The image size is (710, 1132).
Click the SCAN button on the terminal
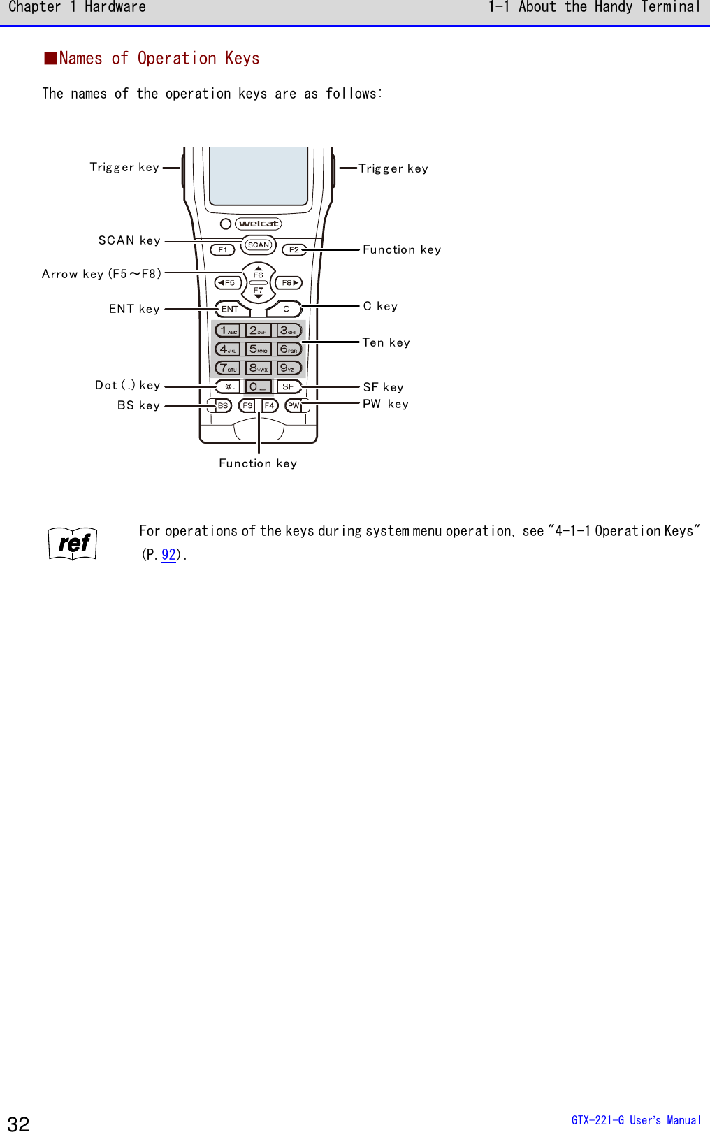[x=259, y=245]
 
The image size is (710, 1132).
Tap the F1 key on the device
[x=222, y=249]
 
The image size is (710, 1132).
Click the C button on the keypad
[x=287, y=309]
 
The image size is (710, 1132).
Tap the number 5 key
[x=259, y=349]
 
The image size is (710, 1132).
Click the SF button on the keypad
[x=288, y=386]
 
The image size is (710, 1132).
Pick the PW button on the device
[x=294, y=405]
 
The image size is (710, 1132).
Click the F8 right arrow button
[x=289, y=283]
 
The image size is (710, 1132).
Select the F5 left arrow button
[x=228, y=283]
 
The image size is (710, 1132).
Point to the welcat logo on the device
[x=259, y=224]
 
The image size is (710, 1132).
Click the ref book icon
[x=73, y=544]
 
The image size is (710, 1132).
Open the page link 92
[x=168, y=555]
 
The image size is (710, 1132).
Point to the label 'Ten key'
[x=386, y=342]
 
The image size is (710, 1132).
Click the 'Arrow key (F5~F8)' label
[x=102, y=274]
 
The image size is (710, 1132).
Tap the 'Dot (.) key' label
[x=128, y=385]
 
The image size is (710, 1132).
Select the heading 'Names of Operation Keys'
[x=159, y=59]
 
